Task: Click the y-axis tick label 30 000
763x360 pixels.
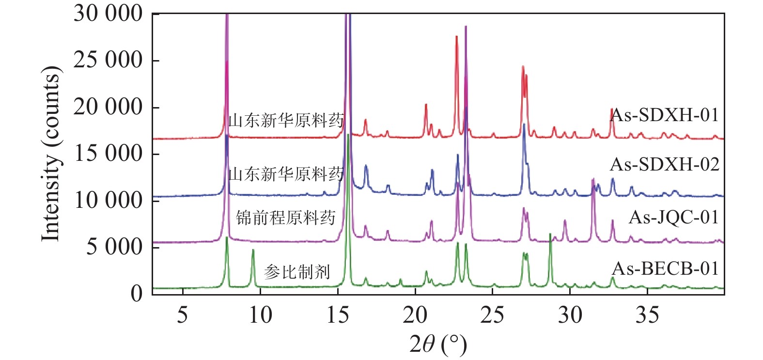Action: click(x=108, y=14)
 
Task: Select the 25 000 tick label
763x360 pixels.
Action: click(x=108, y=60)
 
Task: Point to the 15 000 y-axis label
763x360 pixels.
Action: click(x=108, y=153)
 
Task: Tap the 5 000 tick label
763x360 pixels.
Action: click(x=114, y=247)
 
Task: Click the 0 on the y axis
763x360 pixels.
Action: click(x=137, y=293)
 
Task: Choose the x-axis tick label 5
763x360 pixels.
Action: click(x=182, y=315)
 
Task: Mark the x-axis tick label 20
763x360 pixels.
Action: click(x=415, y=315)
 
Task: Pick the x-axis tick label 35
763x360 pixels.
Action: click(x=647, y=315)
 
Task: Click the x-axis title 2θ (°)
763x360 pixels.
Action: click(x=438, y=344)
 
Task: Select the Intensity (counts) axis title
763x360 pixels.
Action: click(x=51, y=153)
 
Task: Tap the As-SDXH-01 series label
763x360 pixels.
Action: click(x=665, y=115)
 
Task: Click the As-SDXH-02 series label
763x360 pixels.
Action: click(x=665, y=165)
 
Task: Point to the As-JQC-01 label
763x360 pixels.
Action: click(x=673, y=217)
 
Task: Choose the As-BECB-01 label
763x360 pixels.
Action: click(x=666, y=268)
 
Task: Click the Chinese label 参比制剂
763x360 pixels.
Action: click(x=297, y=272)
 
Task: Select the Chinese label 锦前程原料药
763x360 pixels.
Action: click(x=286, y=218)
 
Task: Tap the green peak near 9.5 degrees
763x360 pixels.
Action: click(x=253, y=250)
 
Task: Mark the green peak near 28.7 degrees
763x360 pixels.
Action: click(x=550, y=235)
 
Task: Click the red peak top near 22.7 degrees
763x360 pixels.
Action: click(x=456, y=37)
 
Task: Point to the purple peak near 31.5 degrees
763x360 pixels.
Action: click(x=593, y=180)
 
